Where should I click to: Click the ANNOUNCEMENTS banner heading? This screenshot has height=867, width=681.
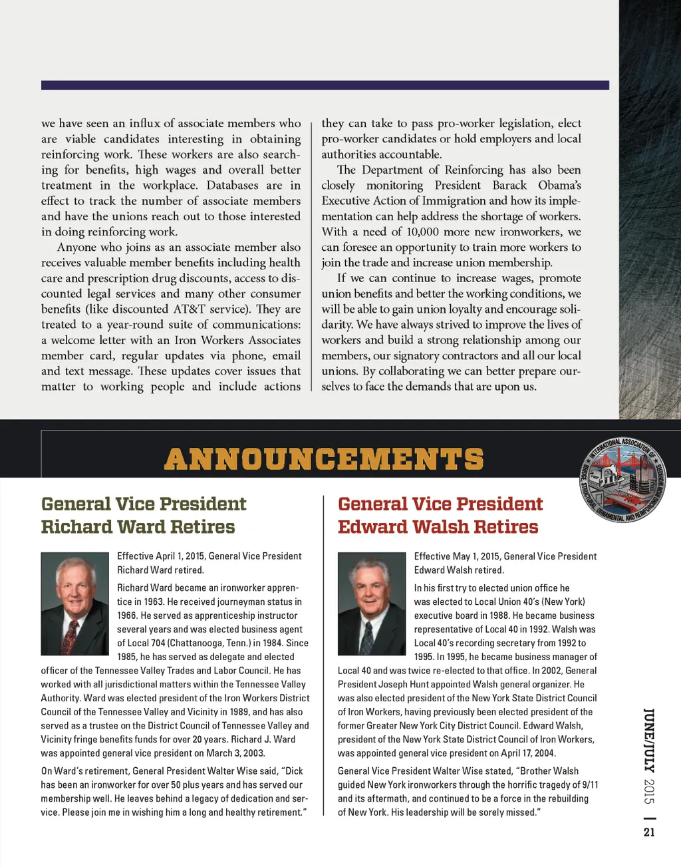coord(324,459)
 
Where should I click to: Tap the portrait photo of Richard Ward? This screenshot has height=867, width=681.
coord(74,604)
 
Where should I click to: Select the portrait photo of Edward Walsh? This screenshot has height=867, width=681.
coord(371,604)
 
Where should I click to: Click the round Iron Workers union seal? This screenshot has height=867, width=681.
coord(622,479)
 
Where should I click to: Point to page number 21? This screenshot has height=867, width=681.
coord(649,832)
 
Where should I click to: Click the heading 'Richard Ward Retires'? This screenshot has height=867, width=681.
coord(138,527)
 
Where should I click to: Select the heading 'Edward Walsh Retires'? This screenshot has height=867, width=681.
coord(438,527)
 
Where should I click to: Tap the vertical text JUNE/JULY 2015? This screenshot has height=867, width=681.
coord(649,755)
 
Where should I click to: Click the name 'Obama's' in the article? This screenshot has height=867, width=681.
coord(559,185)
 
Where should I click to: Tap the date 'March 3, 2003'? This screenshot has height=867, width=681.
coord(235,753)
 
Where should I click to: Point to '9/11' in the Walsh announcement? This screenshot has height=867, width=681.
coord(590,784)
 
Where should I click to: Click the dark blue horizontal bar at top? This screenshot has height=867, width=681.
coord(325,85)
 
